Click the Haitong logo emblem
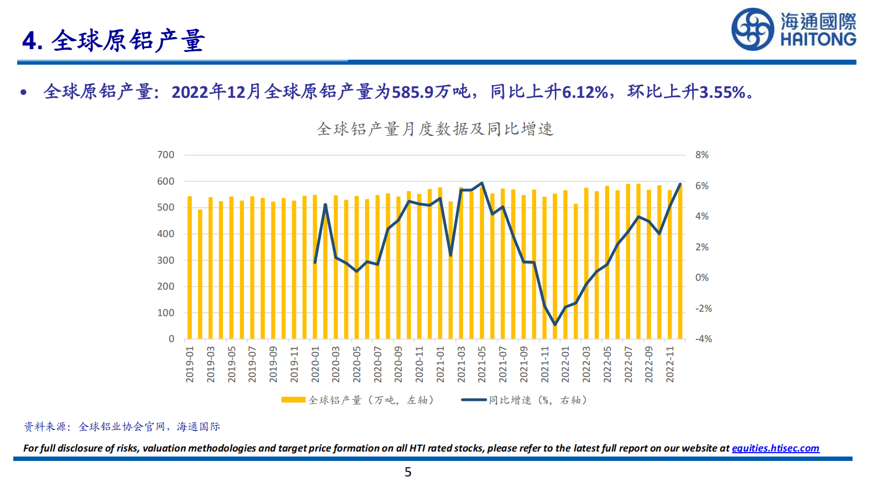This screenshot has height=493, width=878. click(x=752, y=29)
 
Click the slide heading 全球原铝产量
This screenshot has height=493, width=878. click(x=128, y=41)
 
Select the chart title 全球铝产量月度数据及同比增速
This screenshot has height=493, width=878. click(x=435, y=129)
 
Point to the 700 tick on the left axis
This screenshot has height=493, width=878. click(x=165, y=155)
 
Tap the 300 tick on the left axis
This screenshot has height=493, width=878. click(x=165, y=260)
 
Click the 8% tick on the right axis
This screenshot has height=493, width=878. click(x=702, y=155)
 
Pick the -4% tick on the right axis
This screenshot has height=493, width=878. click(x=703, y=339)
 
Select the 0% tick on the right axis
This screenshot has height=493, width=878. click(x=702, y=278)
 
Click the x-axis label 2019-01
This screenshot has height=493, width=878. click(x=190, y=365)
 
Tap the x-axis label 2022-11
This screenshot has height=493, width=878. click(x=670, y=365)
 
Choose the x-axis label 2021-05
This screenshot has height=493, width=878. click(x=482, y=365)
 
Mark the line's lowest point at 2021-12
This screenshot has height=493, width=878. click(x=555, y=324)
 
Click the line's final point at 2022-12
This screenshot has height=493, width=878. click(x=680, y=184)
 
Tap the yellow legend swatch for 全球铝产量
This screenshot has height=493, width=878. click(x=293, y=400)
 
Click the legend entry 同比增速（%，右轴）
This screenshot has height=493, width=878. click(x=537, y=400)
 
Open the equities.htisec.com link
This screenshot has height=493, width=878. click(x=775, y=448)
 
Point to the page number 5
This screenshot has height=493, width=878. click(x=408, y=472)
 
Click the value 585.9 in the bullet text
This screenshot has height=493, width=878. click(x=412, y=92)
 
